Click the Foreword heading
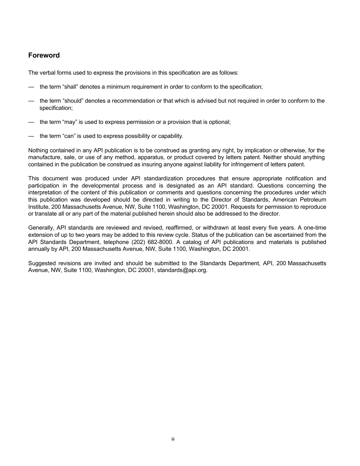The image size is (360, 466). (x=44, y=55)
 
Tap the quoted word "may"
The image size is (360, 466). (x=70, y=122)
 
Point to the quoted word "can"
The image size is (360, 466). (x=69, y=136)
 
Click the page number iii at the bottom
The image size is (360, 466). (x=173, y=439)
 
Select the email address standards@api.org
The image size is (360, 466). (x=182, y=270)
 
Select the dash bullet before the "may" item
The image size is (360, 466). (x=31, y=122)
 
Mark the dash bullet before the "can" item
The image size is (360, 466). (x=31, y=136)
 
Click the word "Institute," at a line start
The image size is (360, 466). (x=39, y=206)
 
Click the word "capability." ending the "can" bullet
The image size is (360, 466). (x=171, y=136)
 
